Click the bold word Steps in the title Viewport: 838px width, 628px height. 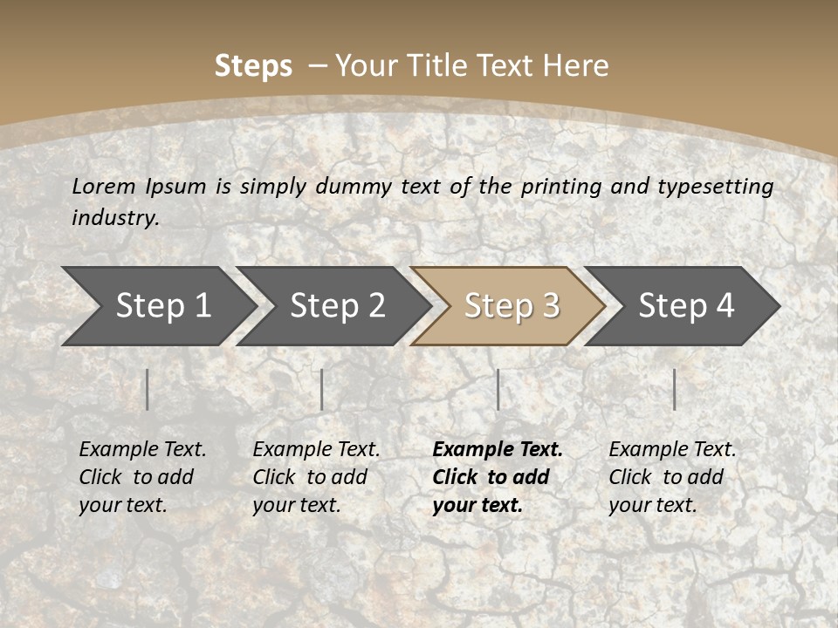pyautogui.click(x=253, y=66)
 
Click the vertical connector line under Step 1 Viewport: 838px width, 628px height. pyautogui.click(x=148, y=389)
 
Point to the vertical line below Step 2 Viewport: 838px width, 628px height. pyautogui.click(x=322, y=389)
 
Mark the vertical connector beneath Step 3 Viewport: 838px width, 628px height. pyautogui.click(x=498, y=389)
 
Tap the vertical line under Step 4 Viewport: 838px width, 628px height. pyautogui.click(x=674, y=389)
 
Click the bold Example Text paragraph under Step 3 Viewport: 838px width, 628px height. pyautogui.click(x=498, y=477)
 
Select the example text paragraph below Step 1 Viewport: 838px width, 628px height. pyautogui.click(x=142, y=477)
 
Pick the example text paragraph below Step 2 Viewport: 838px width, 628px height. pyautogui.click(x=316, y=477)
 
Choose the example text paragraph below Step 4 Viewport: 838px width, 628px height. pyautogui.click(x=672, y=477)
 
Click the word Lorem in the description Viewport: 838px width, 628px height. pyautogui.click(x=104, y=187)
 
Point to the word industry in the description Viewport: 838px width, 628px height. pyautogui.click(x=115, y=218)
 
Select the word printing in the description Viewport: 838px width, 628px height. pyautogui.click(x=562, y=187)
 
